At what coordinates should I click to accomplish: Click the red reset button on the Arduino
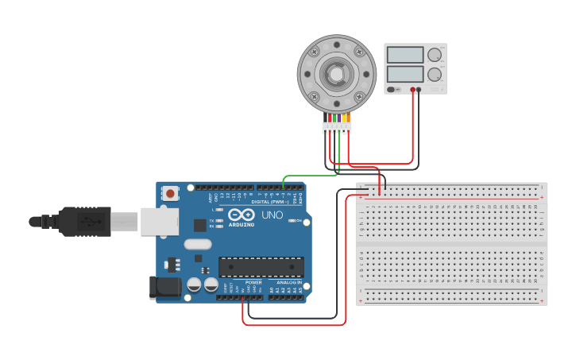point(170,193)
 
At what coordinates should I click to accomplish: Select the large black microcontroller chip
point(261,267)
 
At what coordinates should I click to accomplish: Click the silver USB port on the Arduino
point(160,222)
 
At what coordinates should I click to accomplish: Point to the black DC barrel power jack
point(165,288)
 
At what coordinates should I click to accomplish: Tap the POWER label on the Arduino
point(253,282)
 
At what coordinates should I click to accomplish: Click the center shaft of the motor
point(337,74)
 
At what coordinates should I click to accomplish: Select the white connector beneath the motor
point(337,127)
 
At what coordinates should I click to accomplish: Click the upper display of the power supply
point(405,55)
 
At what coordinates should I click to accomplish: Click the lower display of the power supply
point(405,74)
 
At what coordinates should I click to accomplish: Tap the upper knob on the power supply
point(435,55)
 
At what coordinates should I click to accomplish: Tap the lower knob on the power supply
point(435,75)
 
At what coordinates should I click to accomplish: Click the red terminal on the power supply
point(412,90)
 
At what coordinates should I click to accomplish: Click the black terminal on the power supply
point(419,90)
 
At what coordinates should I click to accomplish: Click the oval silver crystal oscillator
point(198,245)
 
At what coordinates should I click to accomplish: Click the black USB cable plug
point(83,222)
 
